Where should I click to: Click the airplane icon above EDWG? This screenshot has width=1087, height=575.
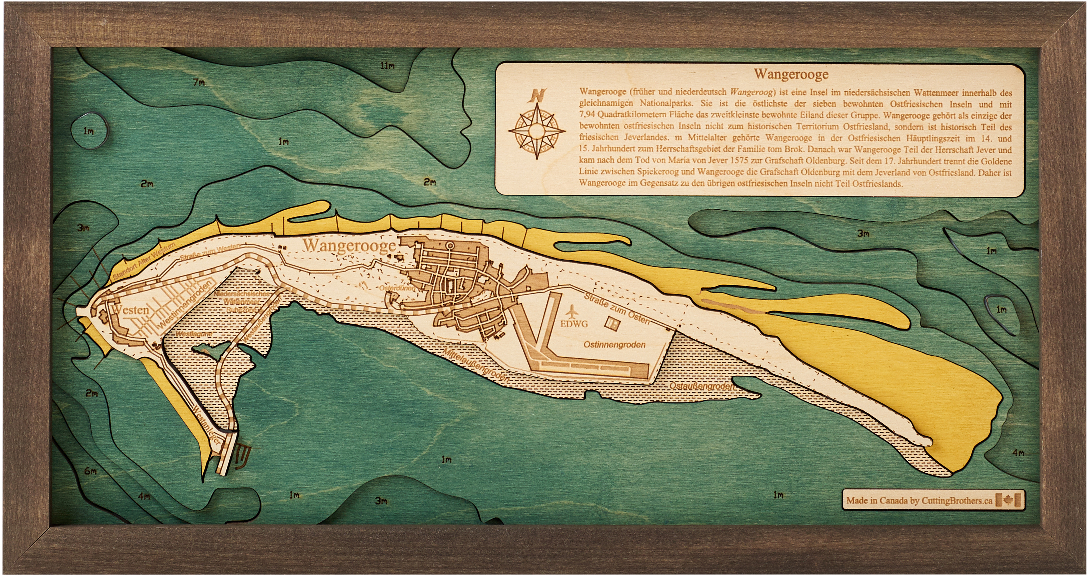(x=572, y=312)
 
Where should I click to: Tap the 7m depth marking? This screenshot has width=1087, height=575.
(x=199, y=82)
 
